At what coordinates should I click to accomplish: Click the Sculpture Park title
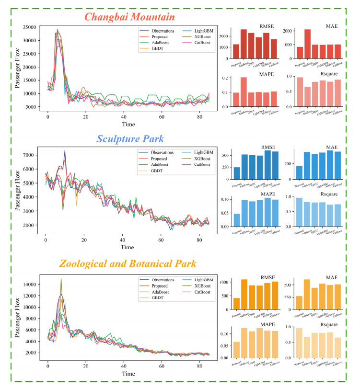[x=130, y=139]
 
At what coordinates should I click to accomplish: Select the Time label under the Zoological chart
[x=127, y=374]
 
